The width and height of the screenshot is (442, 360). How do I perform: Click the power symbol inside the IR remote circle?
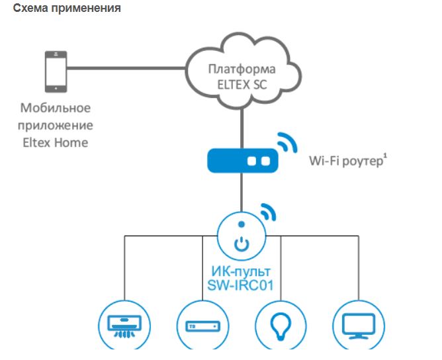point(242,244)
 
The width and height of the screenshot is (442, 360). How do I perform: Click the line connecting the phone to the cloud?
point(126,67)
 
